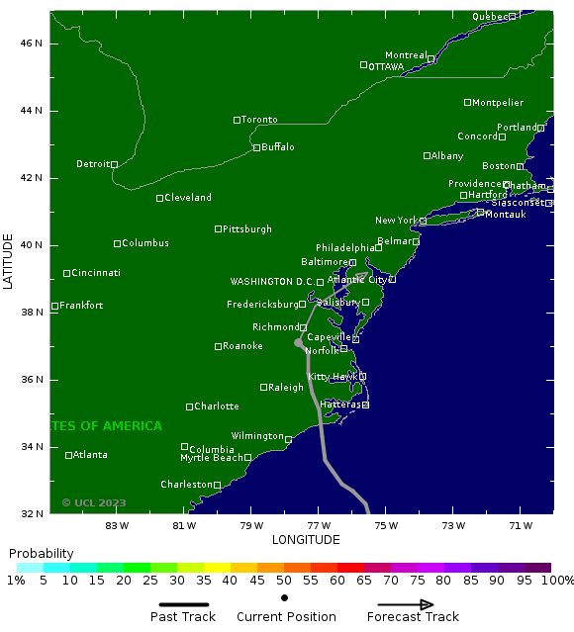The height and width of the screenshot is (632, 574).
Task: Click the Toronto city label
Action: click(259, 120)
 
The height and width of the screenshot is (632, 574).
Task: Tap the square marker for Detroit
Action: click(114, 165)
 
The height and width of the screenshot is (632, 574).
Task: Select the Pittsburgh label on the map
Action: click(246, 229)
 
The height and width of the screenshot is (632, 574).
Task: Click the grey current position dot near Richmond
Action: click(298, 343)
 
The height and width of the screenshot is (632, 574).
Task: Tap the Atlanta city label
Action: click(90, 455)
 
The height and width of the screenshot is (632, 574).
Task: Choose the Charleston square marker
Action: click(218, 486)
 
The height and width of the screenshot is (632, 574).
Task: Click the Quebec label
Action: click(489, 17)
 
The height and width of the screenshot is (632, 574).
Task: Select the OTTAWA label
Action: click(386, 67)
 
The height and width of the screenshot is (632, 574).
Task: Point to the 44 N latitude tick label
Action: click(33, 111)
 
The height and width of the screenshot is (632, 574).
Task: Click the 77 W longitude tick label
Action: click(319, 525)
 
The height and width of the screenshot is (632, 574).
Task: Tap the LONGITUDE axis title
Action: click(306, 540)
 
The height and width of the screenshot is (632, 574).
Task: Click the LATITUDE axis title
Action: click(10, 262)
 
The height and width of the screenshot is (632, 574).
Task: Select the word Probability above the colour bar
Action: click(41, 553)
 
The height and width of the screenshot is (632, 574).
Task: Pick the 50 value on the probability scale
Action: click(284, 581)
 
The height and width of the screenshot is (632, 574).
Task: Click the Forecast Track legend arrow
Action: click(406, 604)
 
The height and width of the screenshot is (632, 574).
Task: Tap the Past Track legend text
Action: click(183, 617)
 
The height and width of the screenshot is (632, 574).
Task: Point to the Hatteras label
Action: click(339, 405)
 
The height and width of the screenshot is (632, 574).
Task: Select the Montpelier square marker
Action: click(468, 102)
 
